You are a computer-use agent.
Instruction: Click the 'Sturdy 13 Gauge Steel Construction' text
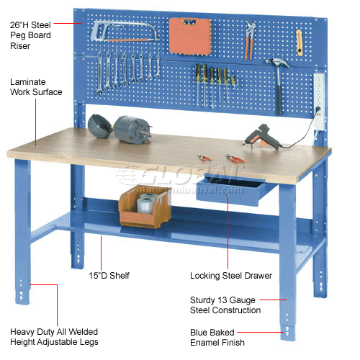click(x=226, y=305)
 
